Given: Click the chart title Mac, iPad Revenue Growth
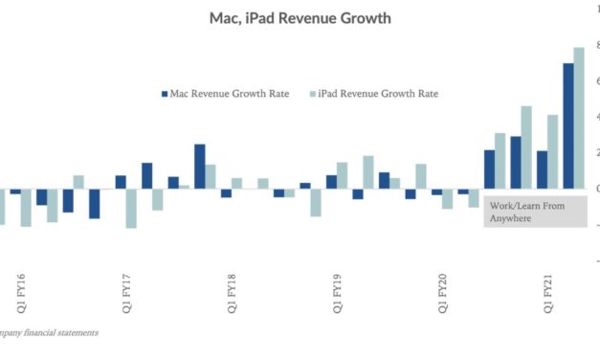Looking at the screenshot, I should [x=300, y=18].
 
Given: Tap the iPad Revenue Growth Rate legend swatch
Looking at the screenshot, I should [x=314, y=94].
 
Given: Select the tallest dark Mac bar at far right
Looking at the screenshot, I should [x=567, y=125].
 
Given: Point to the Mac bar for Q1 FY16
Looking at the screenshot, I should [x=15, y=191].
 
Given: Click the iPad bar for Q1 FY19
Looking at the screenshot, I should [x=343, y=175].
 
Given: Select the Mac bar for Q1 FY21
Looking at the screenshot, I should [x=542, y=169].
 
